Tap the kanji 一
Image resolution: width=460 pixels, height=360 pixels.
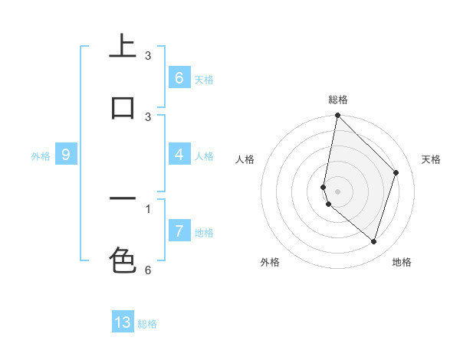123,199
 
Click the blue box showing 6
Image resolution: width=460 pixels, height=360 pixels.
179,77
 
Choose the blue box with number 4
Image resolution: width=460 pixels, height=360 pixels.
179,155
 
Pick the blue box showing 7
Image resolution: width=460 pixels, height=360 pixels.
179,231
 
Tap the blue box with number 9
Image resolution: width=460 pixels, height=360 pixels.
66,155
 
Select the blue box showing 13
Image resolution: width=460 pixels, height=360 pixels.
123,322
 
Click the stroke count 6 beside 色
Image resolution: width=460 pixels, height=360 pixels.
148,270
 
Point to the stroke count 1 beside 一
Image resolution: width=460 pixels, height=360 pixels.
148,208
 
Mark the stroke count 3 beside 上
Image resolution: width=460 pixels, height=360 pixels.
148,56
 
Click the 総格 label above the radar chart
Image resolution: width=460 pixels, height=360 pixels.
338,100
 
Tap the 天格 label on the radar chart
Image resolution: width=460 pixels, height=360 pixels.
431,159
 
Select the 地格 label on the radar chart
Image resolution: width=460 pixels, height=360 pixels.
402,263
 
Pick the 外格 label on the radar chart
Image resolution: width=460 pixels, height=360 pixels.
270,263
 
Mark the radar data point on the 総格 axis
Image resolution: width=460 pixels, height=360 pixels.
337,115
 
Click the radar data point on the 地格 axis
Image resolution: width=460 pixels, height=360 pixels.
373,241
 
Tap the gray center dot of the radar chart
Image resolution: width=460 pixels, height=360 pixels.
337,191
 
